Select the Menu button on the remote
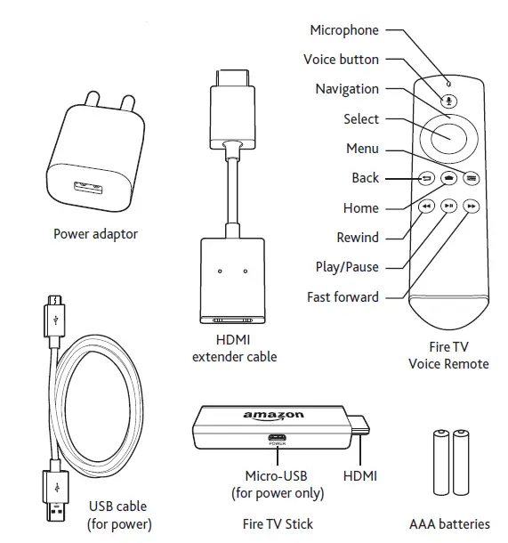pyautogui.click(x=472, y=178)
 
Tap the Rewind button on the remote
pyautogui.click(x=426, y=206)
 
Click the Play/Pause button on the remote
pyautogui.click(x=449, y=206)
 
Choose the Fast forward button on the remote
pyautogui.click(x=472, y=206)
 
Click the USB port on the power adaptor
pyautogui.click(x=88, y=189)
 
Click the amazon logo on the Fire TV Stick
pyautogui.click(x=273, y=416)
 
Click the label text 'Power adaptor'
pyautogui.click(x=95, y=234)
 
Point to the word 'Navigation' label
pyautogui.click(x=346, y=89)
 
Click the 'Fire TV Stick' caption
pyautogui.click(x=278, y=524)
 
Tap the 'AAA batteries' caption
pyautogui.click(x=449, y=524)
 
